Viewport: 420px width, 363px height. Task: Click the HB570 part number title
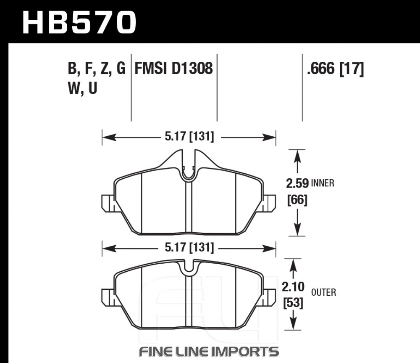tap(79, 23)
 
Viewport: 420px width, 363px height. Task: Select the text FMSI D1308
tap(173, 68)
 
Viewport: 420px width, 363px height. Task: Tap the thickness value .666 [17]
tap(336, 69)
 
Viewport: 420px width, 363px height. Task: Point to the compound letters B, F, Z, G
tap(97, 69)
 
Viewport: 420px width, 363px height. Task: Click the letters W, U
tap(82, 88)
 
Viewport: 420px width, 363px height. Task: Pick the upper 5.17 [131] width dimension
tap(189, 137)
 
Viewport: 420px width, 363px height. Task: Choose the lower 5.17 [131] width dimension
tap(189, 248)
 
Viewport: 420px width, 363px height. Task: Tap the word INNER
tap(323, 183)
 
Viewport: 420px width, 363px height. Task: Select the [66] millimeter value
tap(297, 200)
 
